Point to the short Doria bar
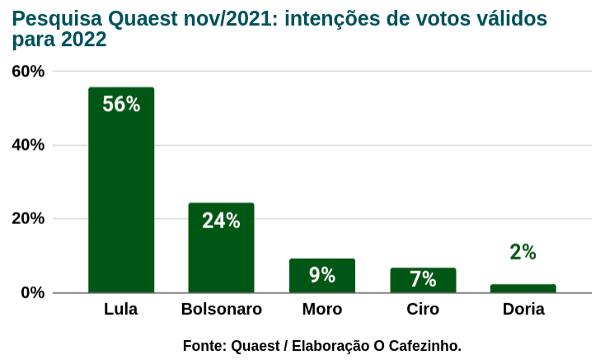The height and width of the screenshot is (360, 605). pyautogui.click(x=523, y=288)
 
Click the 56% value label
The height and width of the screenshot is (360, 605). pyautogui.click(x=121, y=105)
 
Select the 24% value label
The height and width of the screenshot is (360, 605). pyautogui.click(x=221, y=221)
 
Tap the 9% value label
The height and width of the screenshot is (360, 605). pyautogui.click(x=322, y=275)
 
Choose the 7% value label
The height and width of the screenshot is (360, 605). pyautogui.click(x=423, y=279)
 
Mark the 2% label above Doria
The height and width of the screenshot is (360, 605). pyautogui.click(x=523, y=252)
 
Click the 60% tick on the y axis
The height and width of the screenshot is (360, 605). pyautogui.click(x=28, y=72)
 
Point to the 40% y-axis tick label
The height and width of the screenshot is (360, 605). pyautogui.click(x=28, y=145)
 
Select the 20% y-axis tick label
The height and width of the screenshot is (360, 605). pyautogui.click(x=28, y=219)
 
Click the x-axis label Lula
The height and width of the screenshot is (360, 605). pyautogui.click(x=121, y=311)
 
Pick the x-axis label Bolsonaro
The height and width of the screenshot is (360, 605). pyautogui.click(x=221, y=311)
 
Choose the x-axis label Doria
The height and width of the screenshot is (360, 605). pyautogui.click(x=523, y=311)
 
